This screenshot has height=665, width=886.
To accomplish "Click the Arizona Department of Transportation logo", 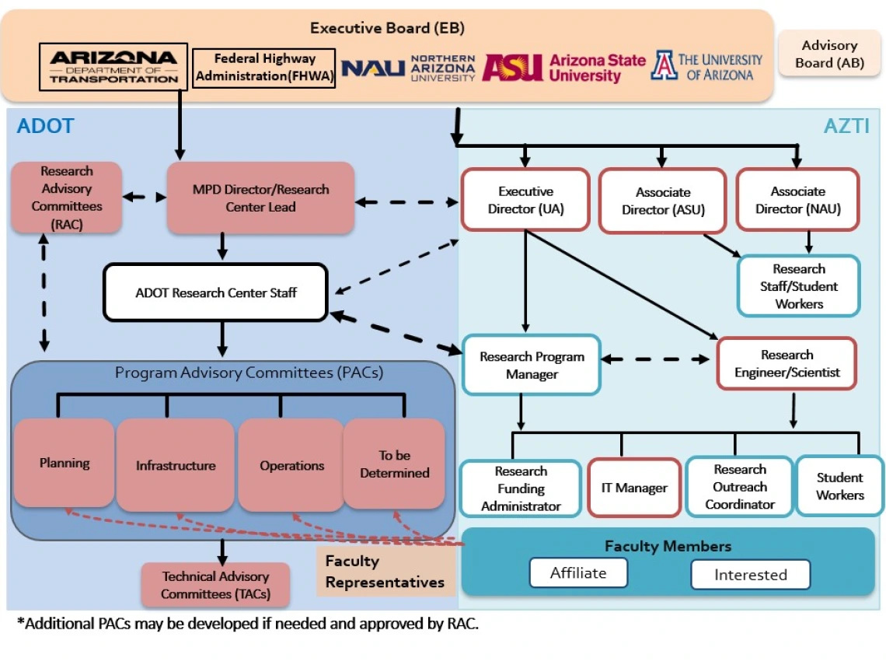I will (113, 66).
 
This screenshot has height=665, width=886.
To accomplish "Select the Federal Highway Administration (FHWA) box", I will (264, 68).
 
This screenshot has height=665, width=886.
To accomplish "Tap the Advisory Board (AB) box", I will (829, 54).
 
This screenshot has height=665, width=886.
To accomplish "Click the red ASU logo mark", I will (511, 68).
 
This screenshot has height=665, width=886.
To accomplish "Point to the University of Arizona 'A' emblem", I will (664, 66).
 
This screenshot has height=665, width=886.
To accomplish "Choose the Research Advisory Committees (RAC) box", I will (67, 198).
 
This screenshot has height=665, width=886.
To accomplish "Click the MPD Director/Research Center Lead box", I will (261, 198).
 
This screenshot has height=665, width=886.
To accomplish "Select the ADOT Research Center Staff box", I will (215, 292).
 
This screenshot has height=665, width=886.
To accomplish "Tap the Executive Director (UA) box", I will (525, 200).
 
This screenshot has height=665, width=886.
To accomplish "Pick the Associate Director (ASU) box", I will (662, 201).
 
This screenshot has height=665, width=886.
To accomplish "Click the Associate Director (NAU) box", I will (797, 200).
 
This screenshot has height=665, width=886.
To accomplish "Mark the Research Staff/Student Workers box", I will (798, 286).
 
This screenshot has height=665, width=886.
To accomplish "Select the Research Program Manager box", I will (532, 366).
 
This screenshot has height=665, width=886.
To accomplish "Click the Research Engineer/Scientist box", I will (787, 363).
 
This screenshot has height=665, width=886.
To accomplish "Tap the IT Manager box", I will (634, 488).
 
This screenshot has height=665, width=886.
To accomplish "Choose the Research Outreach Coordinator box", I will (739, 487).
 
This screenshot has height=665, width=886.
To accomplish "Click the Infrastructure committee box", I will (176, 465).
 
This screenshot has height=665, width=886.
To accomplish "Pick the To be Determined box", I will (394, 464).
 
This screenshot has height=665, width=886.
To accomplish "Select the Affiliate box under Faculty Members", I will (578, 573).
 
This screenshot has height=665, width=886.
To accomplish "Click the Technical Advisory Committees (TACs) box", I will (215, 585).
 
